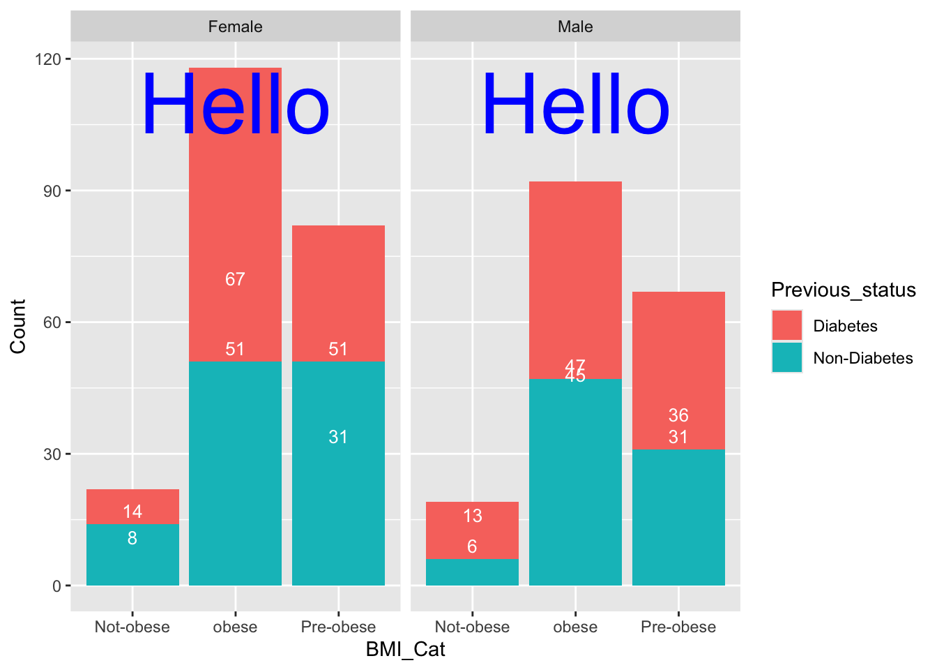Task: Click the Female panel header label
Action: pyautogui.click(x=235, y=27)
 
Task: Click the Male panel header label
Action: pyautogui.click(x=575, y=27)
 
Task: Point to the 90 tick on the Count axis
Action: pyautogui.click(x=52, y=191)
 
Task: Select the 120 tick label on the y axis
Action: pyautogui.click(x=47, y=59)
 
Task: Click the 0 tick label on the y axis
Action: pyautogui.click(x=57, y=586)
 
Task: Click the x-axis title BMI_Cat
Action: pyautogui.click(x=405, y=650)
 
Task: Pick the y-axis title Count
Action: pyautogui.click(x=18, y=326)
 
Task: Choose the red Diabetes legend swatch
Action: pyautogui.click(x=786, y=326)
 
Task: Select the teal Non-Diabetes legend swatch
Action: pyautogui.click(x=786, y=357)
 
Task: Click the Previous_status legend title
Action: pyautogui.click(x=843, y=290)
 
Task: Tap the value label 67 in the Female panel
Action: pyautogui.click(x=235, y=279)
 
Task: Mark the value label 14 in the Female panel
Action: pyautogui.click(x=132, y=512)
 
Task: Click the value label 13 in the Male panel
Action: pyautogui.click(x=472, y=516)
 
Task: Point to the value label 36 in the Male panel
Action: pyautogui.click(x=678, y=415)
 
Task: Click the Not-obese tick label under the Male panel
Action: pyautogui.click(x=472, y=627)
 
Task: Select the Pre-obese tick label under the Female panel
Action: pyautogui.click(x=338, y=627)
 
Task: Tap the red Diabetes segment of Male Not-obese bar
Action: pyautogui.click(x=472, y=530)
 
